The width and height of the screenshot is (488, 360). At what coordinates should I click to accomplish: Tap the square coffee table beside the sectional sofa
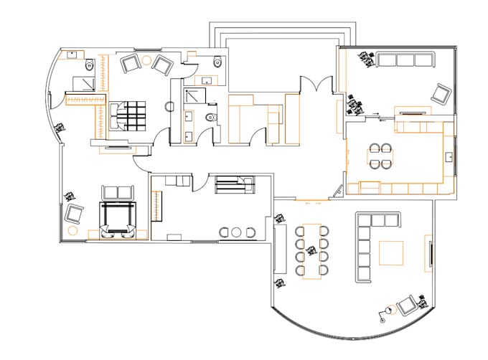pyautogui.click(x=391, y=253)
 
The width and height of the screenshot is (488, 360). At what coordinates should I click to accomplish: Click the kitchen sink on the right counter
pyautogui.click(x=449, y=156)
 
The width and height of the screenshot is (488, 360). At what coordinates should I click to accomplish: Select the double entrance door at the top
pyautogui.click(x=316, y=85)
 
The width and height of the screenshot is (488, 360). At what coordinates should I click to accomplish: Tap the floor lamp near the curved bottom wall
pyautogui.click(x=387, y=311)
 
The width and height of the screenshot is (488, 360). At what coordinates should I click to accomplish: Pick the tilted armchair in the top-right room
pyautogui.click(x=440, y=93)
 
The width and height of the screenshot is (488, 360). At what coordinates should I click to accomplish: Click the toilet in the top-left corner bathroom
pyautogui.click(x=89, y=66)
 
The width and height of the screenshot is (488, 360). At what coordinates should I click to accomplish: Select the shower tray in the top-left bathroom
pyautogui.click(x=80, y=83)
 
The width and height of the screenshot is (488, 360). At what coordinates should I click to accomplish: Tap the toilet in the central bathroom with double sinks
pyautogui.click(x=210, y=118)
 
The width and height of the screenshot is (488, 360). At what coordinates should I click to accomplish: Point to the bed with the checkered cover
pyautogui.click(x=129, y=115)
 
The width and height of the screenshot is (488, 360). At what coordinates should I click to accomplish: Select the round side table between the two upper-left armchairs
pyautogui.click(x=146, y=60)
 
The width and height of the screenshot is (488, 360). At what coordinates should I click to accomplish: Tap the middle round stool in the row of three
pyautogui.click(x=237, y=232)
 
